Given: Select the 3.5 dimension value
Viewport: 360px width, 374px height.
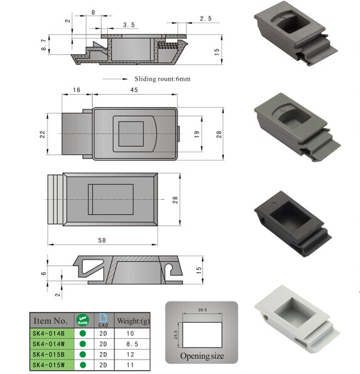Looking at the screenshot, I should point(129,24).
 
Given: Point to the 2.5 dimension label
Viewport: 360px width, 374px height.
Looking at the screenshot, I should point(206,19).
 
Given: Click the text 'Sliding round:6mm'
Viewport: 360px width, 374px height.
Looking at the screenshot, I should point(162,79).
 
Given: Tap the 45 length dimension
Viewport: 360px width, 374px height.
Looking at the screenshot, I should point(134,90).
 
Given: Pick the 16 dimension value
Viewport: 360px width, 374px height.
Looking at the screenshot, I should point(77,90).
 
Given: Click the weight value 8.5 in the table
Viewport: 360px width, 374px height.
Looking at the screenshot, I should point(130,344).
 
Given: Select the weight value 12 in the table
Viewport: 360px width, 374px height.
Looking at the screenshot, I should point(130,353).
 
